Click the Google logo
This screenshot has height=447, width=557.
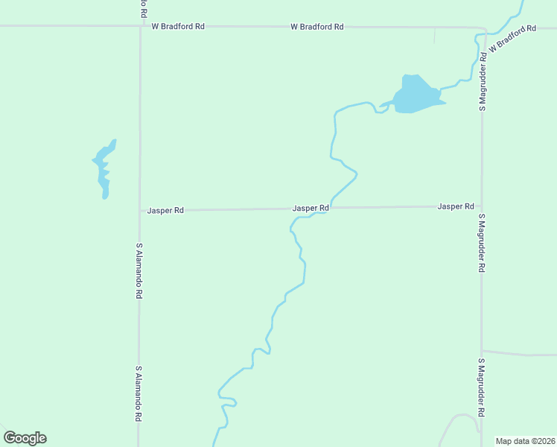point(25,438)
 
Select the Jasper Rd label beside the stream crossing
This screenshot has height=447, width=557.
point(311,208)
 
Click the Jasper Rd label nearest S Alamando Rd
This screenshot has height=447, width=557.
point(165,211)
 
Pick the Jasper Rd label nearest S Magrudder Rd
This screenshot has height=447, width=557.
point(456,206)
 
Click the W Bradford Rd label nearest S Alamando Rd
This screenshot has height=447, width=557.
point(178,26)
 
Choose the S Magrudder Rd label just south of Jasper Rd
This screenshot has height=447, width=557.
point(482,243)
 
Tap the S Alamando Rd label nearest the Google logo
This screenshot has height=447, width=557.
point(139,394)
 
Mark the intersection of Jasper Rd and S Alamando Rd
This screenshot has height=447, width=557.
point(139,211)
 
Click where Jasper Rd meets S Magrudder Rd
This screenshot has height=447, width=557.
point(482,206)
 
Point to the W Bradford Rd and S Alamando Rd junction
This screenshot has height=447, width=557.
point(140,26)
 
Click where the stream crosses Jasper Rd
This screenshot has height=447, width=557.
point(329,208)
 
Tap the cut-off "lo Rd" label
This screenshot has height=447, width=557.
point(142,9)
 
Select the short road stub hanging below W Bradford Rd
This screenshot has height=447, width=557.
point(435,35)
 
